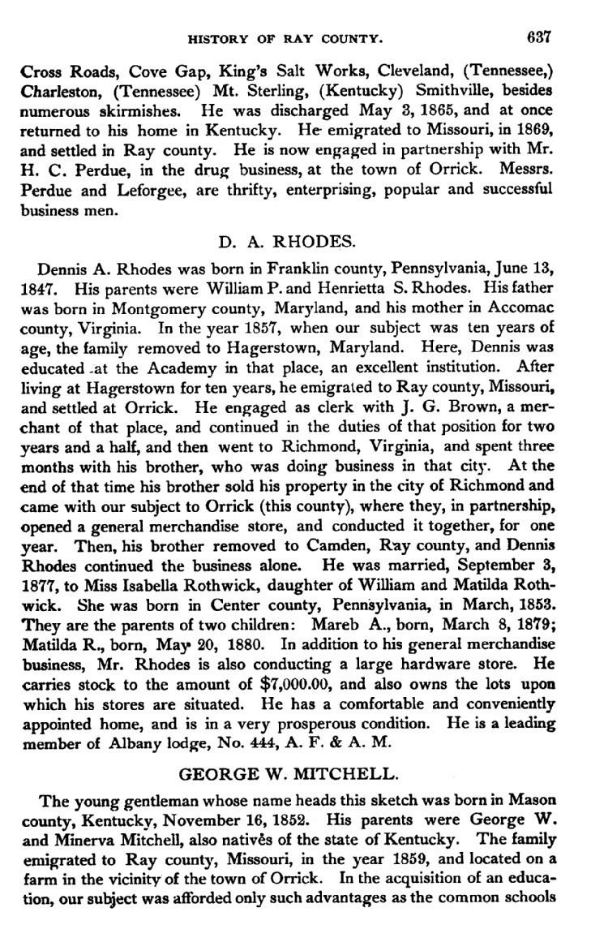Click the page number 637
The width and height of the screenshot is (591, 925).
point(538,37)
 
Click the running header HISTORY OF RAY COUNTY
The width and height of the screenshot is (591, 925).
point(285,37)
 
